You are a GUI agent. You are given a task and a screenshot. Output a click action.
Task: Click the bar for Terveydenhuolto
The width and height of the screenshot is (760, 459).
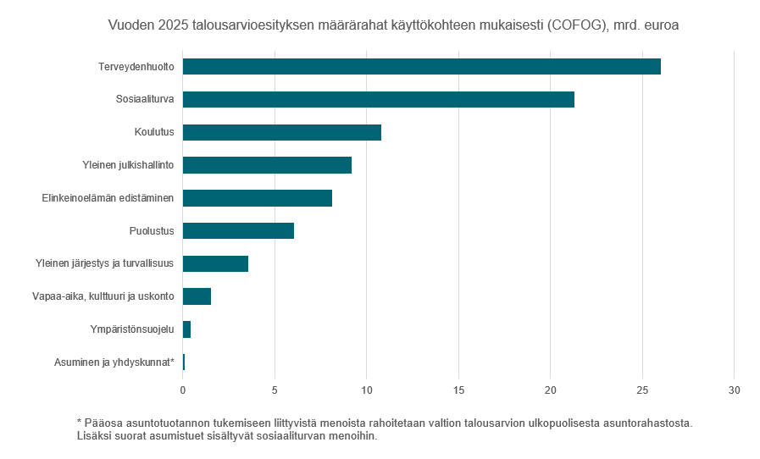coord(421,66)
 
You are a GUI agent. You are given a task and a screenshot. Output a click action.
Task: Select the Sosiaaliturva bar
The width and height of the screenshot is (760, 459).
coord(378,99)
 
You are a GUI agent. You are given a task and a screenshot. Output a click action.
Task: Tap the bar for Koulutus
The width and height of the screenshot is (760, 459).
coord(281,132)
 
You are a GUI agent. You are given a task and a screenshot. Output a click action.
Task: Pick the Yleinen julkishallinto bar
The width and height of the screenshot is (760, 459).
coord(267,165)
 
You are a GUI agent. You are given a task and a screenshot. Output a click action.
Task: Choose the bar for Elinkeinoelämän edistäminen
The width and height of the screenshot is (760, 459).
coord(257,198)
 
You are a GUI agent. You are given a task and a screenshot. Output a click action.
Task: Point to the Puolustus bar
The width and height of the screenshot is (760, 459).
coord(238,230)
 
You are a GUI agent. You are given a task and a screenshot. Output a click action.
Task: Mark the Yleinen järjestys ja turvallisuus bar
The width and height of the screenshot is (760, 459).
coord(215,263)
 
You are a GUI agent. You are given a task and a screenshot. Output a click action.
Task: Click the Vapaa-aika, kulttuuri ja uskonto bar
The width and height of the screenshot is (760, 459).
coord(197,296)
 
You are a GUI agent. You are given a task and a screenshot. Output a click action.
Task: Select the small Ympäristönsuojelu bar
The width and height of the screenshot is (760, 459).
coord(186,329)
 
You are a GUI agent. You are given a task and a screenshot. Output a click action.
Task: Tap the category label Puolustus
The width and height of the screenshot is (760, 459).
coord(152,230)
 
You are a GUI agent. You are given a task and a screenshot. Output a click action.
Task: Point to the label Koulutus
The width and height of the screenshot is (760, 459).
coord(154,132)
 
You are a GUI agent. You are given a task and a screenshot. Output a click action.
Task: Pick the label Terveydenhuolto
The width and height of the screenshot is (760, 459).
coord(136,66)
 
